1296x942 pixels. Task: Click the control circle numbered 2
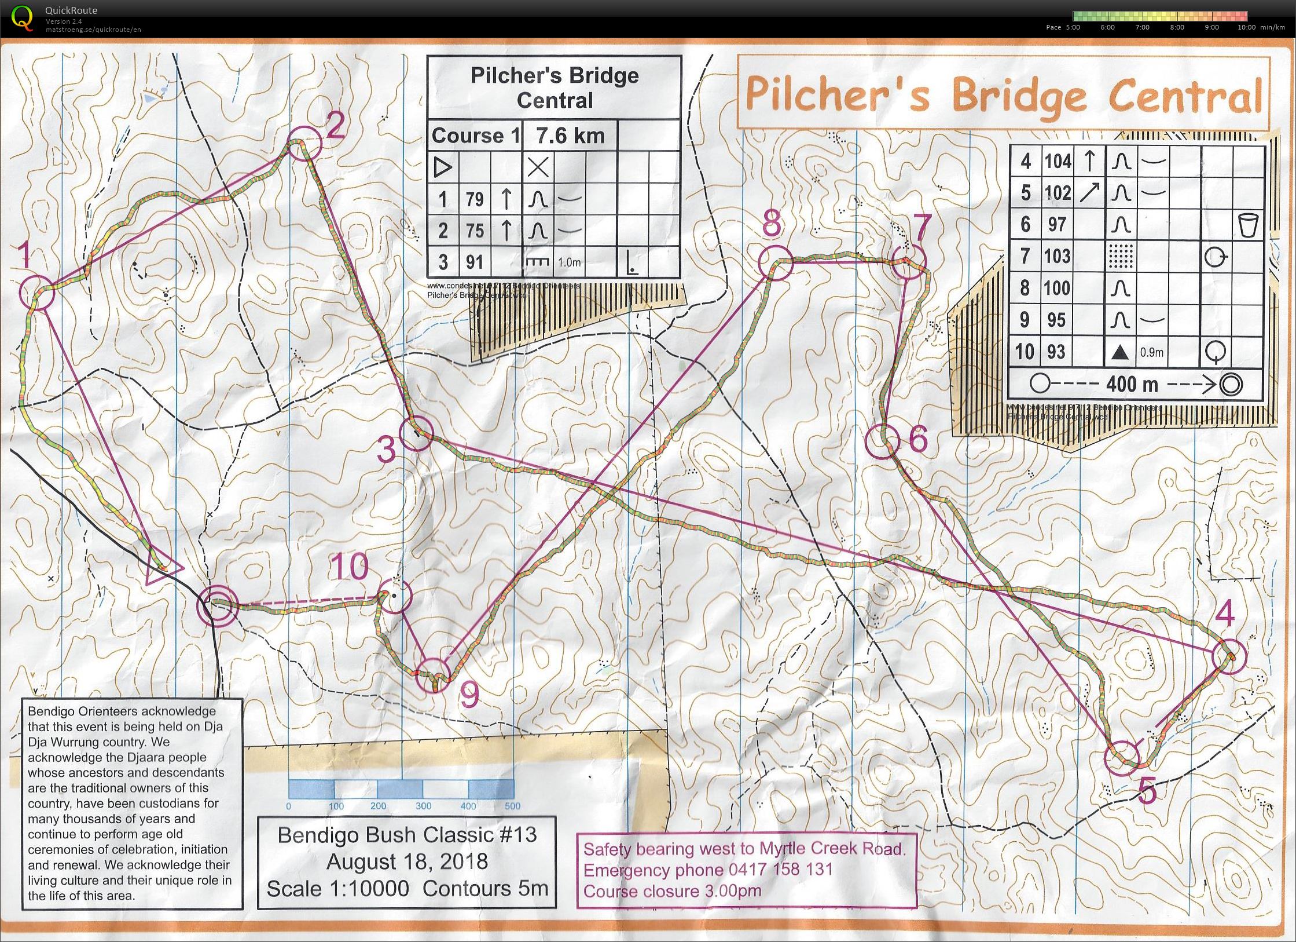coord(304,143)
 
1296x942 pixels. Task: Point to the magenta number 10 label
coord(349,566)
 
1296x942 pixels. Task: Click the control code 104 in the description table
coord(1058,161)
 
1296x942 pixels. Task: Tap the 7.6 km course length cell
coord(570,136)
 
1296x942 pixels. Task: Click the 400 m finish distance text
coord(1131,384)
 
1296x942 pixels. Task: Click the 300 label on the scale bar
coord(423,806)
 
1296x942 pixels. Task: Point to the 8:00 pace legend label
coord(1177,27)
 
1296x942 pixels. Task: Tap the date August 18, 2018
coord(407,861)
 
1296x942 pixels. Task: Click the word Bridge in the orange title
coord(1019,97)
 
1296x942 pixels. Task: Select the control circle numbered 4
coord(1229,656)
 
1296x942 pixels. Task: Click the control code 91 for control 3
coord(475,262)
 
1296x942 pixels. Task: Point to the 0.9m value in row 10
coord(1151,352)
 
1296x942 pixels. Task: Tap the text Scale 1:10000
coord(337,889)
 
